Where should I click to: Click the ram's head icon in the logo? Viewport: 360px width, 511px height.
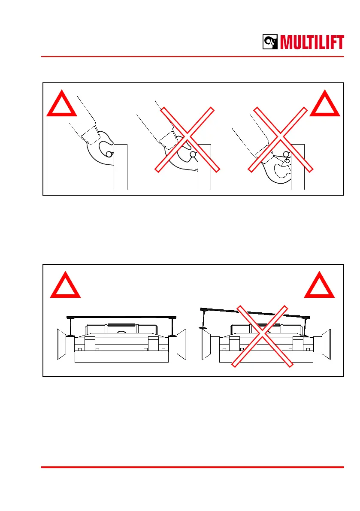pos(270,42)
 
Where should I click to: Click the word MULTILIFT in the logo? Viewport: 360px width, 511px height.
pos(312,43)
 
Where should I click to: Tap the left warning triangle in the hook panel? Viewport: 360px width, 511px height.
pos(61,105)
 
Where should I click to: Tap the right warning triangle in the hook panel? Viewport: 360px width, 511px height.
pos(325,105)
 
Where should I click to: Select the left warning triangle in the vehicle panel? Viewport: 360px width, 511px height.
pos(65,286)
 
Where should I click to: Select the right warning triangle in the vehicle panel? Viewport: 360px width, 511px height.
pos(320,286)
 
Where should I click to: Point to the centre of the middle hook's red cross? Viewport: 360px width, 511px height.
pos(188,139)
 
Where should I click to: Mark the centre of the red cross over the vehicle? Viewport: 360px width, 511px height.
pos(262,336)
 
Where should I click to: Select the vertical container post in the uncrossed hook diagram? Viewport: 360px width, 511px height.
pos(121,167)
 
